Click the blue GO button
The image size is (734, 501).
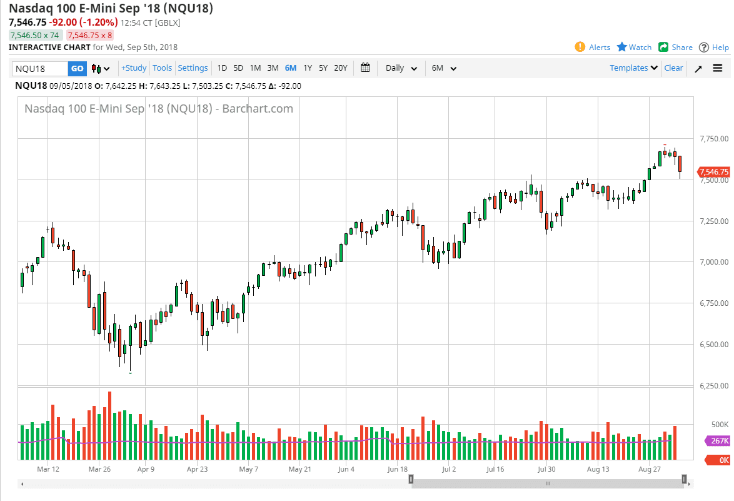pyautogui.click(x=77, y=68)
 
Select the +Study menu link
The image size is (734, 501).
pyautogui.click(x=134, y=68)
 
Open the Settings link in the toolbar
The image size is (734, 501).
pyautogui.click(x=193, y=68)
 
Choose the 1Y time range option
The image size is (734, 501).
pyautogui.click(x=308, y=68)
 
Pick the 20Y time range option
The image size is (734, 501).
pyautogui.click(x=340, y=68)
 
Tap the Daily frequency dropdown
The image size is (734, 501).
pyautogui.click(x=401, y=68)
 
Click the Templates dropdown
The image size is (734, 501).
pyautogui.click(x=633, y=68)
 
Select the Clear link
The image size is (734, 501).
pyautogui.click(x=673, y=68)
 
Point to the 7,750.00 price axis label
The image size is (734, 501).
pyautogui.click(x=714, y=139)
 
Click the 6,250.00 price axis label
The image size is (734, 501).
pyautogui.click(x=714, y=386)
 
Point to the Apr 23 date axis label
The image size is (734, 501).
pyautogui.click(x=197, y=468)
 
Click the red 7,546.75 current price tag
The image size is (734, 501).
pyautogui.click(x=714, y=172)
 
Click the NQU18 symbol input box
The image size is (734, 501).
pyautogui.click(x=40, y=68)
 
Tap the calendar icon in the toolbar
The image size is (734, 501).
pyautogui.click(x=366, y=68)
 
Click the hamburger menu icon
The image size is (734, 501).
pyautogui.click(x=717, y=68)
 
